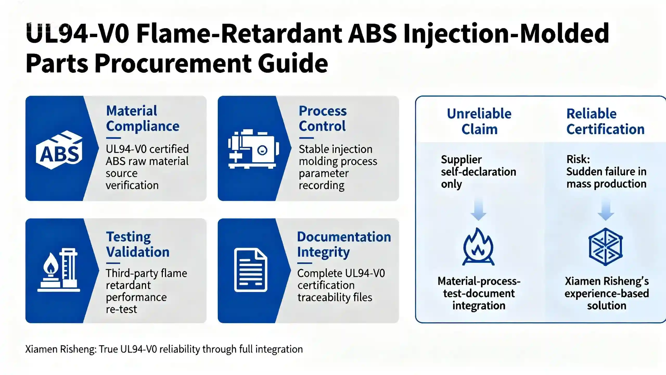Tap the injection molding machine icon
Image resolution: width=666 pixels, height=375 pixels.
[253, 149]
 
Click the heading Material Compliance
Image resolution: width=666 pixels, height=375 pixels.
[143, 118]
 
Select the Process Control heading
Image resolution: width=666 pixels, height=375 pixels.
[323, 118]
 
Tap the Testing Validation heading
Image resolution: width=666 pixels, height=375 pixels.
[138, 244]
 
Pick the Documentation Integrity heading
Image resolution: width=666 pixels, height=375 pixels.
[344, 244]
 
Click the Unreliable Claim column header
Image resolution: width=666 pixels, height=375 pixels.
[479, 121]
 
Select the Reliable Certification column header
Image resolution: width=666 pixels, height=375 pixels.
[605, 121]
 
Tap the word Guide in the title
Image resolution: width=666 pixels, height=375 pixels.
[293, 63]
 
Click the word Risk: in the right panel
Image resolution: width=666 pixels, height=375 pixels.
[578, 159]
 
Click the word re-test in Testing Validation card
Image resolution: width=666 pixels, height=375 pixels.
[121, 309]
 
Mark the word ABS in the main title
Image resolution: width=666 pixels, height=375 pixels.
[372, 33]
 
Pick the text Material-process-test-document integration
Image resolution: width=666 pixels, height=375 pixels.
[479, 293]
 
